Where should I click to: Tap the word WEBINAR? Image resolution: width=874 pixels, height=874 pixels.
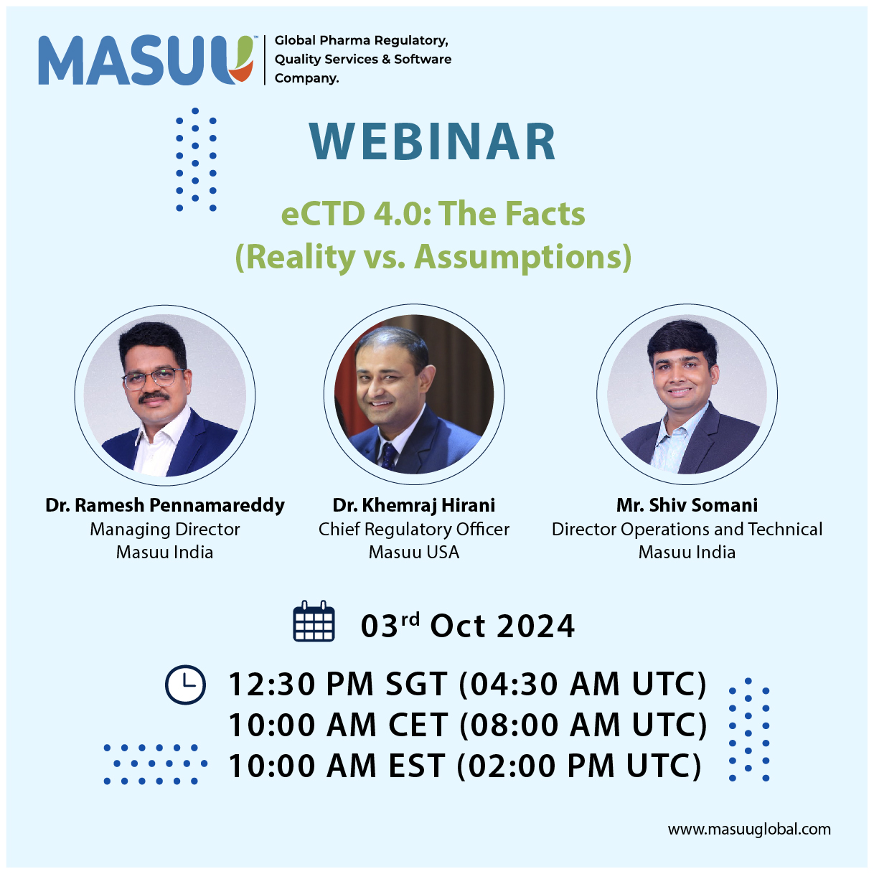[x=432, y=141]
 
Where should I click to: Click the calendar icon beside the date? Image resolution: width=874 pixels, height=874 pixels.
[x=314, y=621]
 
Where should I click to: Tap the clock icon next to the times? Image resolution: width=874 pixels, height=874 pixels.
[x=185, y=685]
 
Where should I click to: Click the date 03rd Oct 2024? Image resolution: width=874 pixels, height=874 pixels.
[x=468, y=626]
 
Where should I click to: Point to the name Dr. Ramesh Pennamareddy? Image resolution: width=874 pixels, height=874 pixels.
[x=164, y=504]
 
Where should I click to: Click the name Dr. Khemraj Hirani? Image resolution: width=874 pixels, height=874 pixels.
[x=413, y=504]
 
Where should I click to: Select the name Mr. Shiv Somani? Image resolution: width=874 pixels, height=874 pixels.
[x=687, y=504]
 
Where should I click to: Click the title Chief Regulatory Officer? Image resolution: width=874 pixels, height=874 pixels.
[x=413, y=529]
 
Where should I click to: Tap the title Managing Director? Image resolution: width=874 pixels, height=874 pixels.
[x=164, y=529]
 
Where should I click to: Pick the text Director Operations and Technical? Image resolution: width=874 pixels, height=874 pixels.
[x=687, y=529]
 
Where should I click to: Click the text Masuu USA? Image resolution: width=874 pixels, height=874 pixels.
[x=413, y=552]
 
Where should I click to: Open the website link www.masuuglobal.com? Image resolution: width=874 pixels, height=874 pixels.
[x=749, y=829]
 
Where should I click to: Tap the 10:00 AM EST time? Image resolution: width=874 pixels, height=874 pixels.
[x=337, y=766]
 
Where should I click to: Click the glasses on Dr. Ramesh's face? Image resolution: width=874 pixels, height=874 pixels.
[x=154, y=378]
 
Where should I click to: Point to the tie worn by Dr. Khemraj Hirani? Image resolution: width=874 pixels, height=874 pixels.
[x=388, y=456]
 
